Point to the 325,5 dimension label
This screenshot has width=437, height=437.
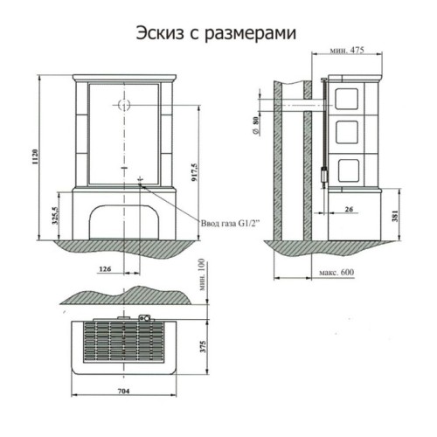[x=57, y=214]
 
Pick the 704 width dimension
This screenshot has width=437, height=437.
[x=123, y=389]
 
